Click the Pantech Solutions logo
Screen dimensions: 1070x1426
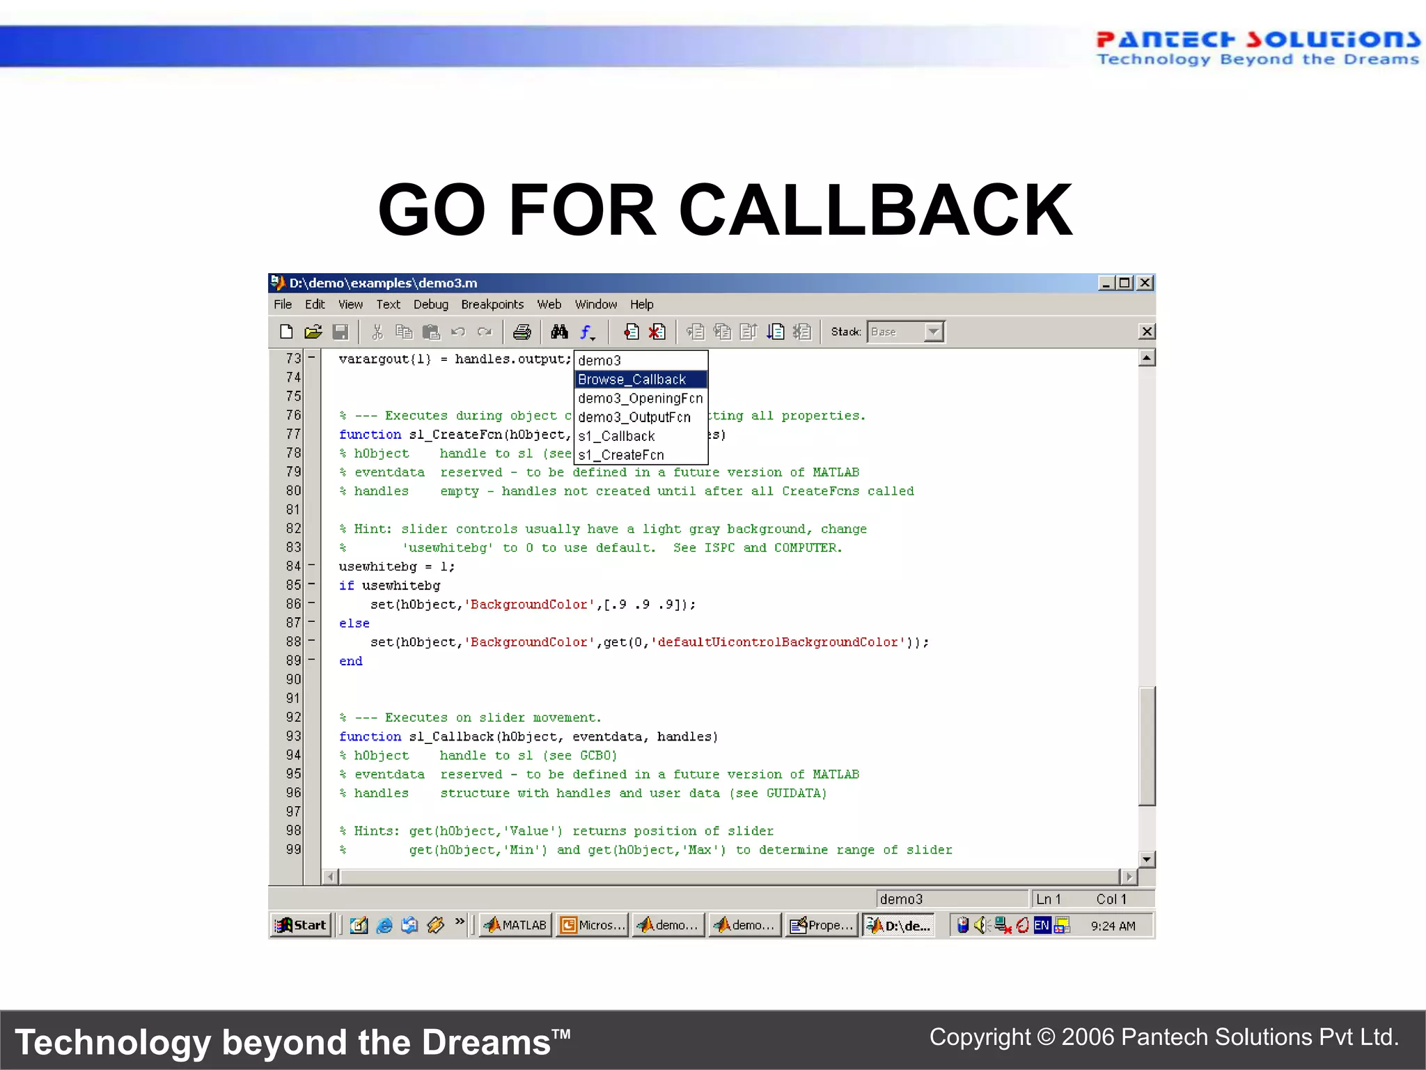click(1257, 47)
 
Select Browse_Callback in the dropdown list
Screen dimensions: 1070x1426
click(632, 380)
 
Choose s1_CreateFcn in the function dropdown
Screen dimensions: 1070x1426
click(621, 455)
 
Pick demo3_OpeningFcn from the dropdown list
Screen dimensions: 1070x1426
click(640, 398)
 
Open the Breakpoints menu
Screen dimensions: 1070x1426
click(492, 304)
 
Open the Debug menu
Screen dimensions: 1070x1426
click(430, 304)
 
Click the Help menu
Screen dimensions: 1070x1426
click(641, 304)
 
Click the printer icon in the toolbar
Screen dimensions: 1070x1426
click(522, 332)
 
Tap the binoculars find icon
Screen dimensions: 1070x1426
click(559, 332)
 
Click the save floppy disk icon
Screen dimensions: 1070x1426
click(340, 332)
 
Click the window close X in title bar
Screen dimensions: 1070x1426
click(1145, 283)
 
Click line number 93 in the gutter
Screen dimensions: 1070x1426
click(293, 736)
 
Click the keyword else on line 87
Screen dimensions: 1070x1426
click(354, 623)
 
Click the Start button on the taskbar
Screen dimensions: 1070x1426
click(301, 925)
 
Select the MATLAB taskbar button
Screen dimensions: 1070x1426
click(516, 925)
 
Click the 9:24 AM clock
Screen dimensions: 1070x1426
click(1113, 926)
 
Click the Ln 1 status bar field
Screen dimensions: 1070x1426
click(1048, 899)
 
